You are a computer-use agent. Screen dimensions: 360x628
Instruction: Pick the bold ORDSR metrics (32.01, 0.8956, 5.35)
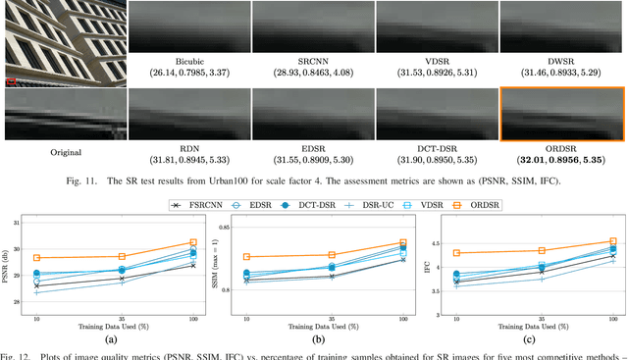562,159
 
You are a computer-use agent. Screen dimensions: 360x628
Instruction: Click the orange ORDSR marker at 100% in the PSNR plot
193,242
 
